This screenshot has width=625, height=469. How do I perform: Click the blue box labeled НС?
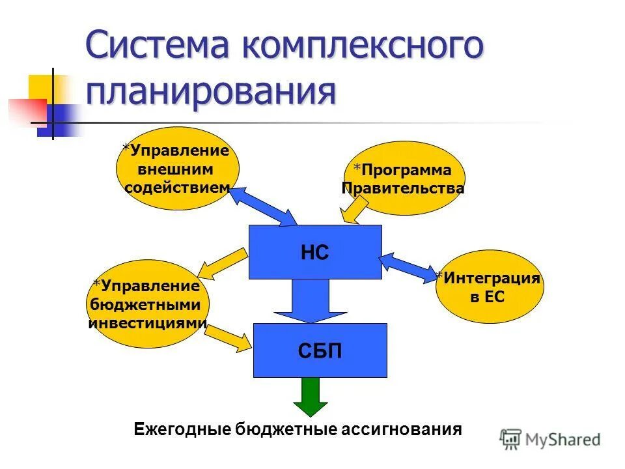[315, 252]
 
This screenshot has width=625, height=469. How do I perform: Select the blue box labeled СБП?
[320, 350]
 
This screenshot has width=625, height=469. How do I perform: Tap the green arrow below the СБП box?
[311, 397]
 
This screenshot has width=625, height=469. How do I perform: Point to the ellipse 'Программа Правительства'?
[403, 178]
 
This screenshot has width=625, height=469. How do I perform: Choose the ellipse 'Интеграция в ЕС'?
[488, 287]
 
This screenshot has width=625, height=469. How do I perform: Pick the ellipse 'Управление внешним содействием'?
[177, 168]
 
